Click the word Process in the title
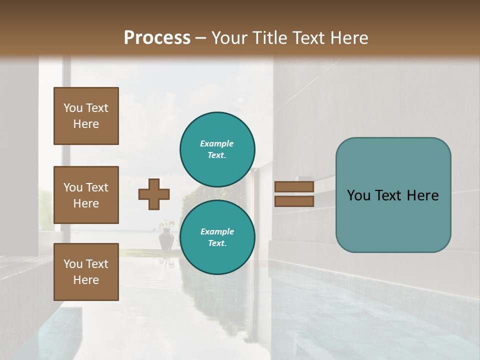[157, 38]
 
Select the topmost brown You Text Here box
[86, 116]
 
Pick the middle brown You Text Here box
[86, 195]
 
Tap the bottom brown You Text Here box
[86, 271]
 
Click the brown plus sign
[154, 194]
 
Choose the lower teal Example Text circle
[217, 237]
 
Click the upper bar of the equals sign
[294, 186]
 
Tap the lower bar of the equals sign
[294, 201]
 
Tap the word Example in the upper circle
[217, 143]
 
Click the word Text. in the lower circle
[217, 243]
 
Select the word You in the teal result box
[359, 195]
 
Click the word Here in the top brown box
[86, 124]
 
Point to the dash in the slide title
[201, 38]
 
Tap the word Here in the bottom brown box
[86, 280]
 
